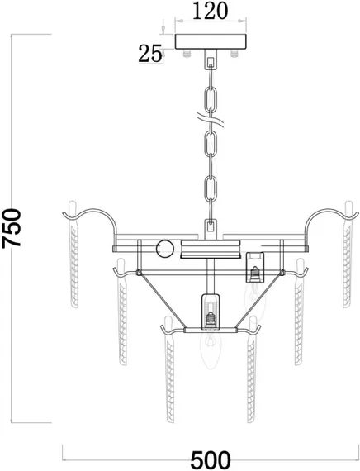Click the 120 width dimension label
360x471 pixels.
[210, 11]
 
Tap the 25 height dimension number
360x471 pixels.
[150, 54]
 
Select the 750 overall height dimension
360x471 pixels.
[12, 228]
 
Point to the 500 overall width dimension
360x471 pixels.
[211, 460]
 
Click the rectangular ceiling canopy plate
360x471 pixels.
[211, 41]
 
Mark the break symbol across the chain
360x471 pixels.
[211, 119]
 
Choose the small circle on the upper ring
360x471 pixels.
[165, 249]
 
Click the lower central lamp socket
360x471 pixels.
[211, 311]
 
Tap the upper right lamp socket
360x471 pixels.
[255, 267]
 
